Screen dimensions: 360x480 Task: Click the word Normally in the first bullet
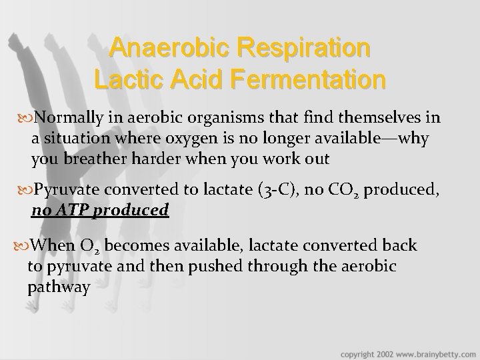pos(66,118)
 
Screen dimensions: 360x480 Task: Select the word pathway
pos(59,287)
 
